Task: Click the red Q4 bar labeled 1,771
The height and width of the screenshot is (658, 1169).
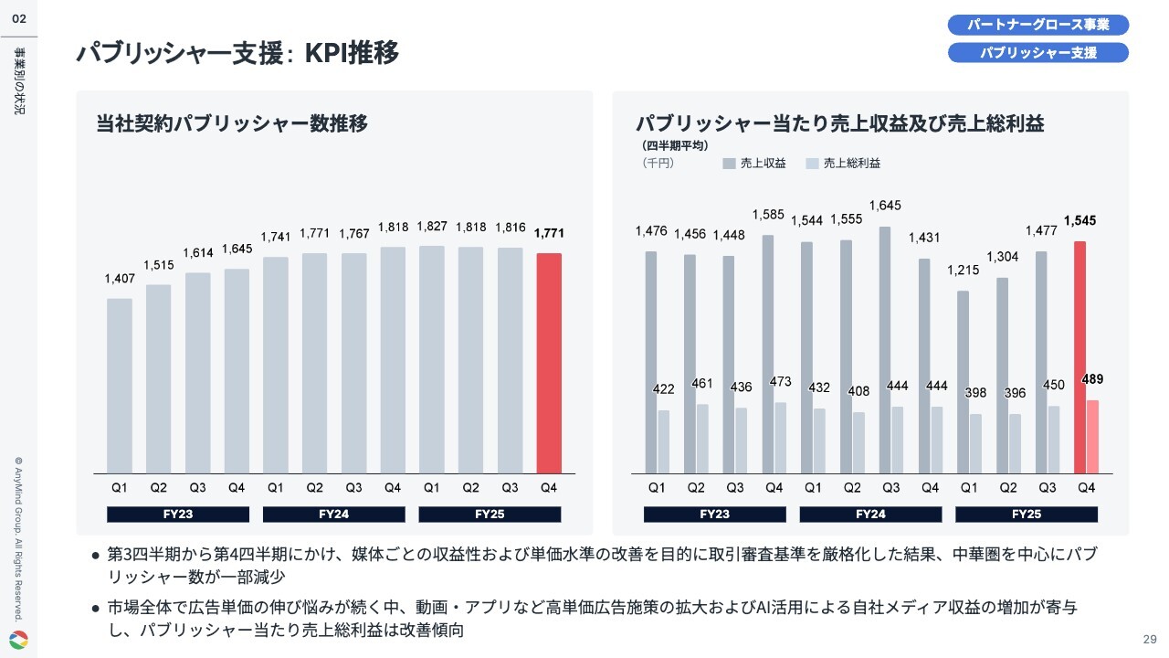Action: [x=549, y=363]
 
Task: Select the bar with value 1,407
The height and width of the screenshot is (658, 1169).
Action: [x=120, y=386]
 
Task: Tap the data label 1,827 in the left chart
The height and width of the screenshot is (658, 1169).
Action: [x=432, y=227]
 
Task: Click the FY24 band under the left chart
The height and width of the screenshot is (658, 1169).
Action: [x=334, y=515]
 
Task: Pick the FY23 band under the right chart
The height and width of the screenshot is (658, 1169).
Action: [x=715, y=515]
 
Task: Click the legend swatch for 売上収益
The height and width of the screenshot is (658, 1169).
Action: [x=729, y=164]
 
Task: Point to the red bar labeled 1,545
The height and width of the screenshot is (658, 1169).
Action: [x=1079, y=356]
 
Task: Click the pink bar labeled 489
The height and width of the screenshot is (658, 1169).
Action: [x=1092, y=437]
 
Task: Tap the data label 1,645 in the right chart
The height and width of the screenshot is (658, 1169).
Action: [x=884, y=206]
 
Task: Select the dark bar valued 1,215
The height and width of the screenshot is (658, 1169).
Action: [x=963, y=382]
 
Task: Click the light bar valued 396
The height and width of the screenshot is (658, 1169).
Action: [x=1015, y=443]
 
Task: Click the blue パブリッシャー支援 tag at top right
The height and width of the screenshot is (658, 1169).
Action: [x=1038, y=53]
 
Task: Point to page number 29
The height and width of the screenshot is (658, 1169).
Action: [x=1150, y=639]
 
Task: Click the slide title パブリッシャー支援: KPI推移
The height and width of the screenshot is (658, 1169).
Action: [x=237, y=53]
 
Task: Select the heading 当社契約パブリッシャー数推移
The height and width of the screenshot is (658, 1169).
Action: [x=232, y=123]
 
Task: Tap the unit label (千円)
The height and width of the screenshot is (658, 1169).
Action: [x=658, y=164]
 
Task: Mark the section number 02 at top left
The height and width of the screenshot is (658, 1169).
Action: [x=18, y=18]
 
